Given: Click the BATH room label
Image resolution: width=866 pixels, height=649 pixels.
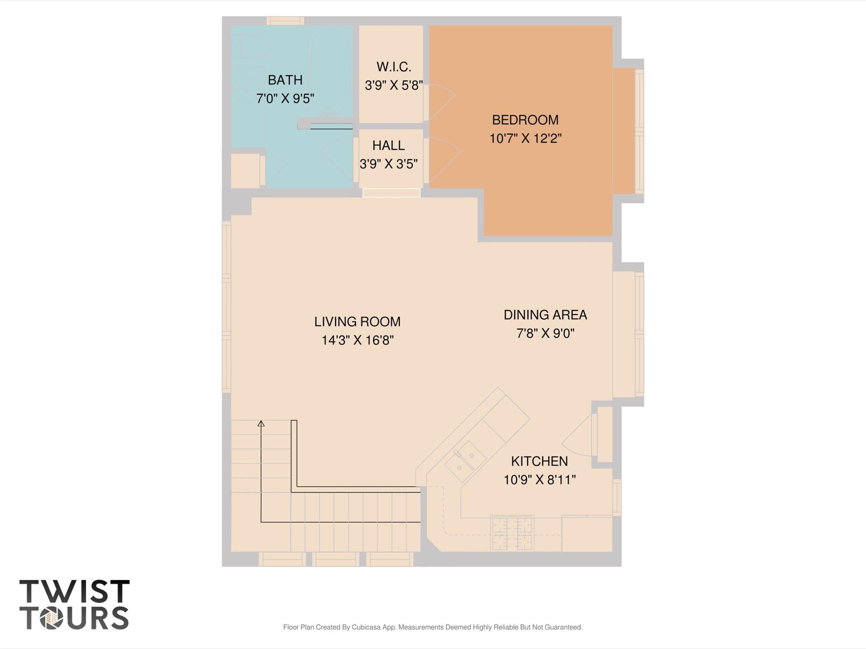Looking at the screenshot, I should (285, 80).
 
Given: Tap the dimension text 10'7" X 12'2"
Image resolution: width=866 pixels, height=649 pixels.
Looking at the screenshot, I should (525, 139).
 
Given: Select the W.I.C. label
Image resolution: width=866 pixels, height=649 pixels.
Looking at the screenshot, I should (393, 67).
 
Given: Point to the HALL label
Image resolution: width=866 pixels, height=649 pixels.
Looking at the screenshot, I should (388, 145).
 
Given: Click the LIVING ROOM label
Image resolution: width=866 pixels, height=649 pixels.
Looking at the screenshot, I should (357, 322).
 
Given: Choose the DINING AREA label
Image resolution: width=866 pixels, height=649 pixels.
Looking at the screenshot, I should (545, 315).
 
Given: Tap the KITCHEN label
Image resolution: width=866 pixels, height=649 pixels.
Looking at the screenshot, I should (539, 461).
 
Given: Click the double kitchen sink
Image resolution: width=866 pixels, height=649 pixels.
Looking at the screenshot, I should (465, 461).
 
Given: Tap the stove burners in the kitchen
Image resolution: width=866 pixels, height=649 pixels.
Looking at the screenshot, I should (511, 534).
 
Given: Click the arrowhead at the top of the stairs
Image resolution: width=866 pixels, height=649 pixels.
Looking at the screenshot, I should (261, 423).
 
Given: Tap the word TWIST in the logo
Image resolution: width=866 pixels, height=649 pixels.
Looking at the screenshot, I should (74, 591).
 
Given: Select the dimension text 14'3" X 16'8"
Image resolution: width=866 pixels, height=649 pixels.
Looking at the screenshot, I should (357, 340).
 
